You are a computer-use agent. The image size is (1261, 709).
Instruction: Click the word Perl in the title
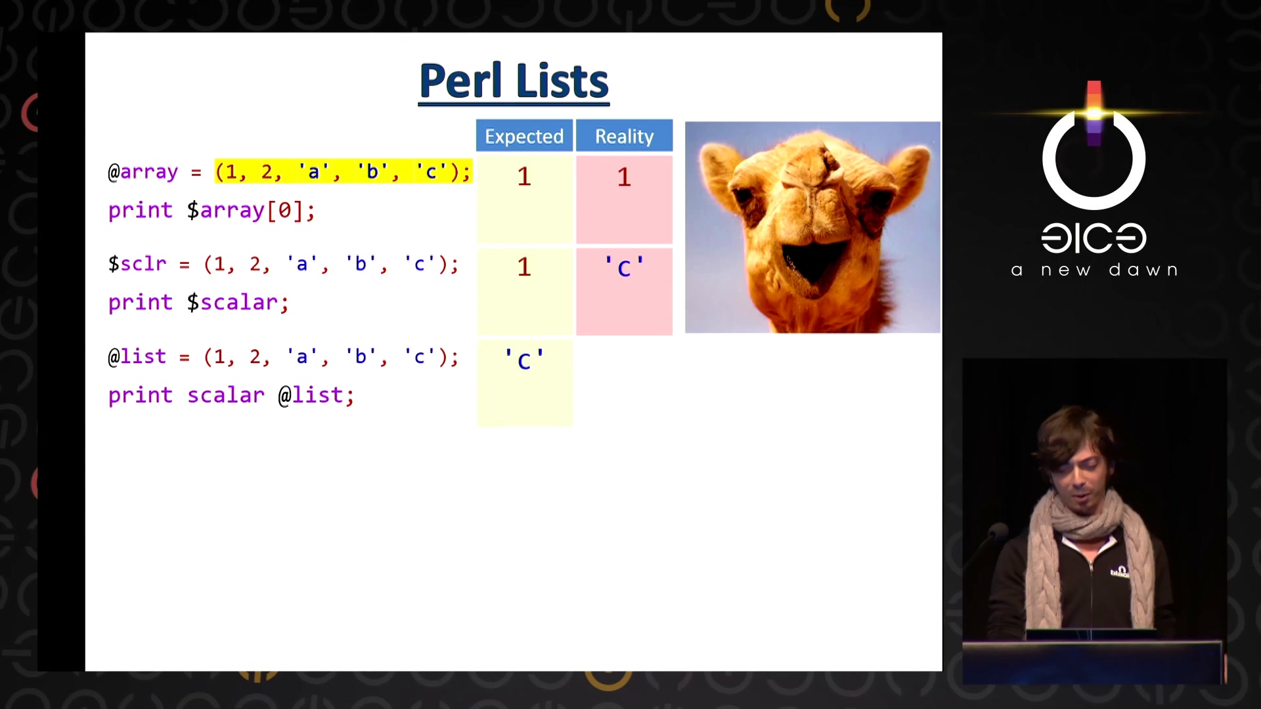(460, 81)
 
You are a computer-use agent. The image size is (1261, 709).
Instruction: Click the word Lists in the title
(562, 81)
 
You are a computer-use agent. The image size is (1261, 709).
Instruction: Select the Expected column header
(524, 136)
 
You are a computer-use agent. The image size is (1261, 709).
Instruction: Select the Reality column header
(624, 136)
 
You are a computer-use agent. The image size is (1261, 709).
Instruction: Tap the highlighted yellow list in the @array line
(343, 171)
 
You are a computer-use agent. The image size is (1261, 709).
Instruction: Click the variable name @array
(143, 172)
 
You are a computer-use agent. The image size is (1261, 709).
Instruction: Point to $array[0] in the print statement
(251, 210)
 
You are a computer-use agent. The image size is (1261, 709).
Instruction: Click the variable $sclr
(137, 264)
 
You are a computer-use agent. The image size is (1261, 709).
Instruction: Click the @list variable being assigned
(137, 356)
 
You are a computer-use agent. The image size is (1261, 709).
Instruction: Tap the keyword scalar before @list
(226, 395)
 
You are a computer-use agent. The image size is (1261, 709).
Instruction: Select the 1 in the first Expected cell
(524, 177)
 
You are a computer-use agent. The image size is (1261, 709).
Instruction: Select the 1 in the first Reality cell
(624, 177)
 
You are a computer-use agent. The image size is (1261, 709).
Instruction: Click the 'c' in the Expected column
(524, 360)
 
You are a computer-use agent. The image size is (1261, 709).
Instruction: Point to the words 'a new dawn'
(1094, 270)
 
